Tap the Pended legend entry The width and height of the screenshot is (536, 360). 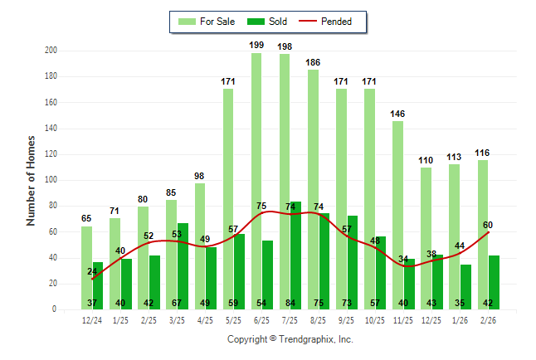(333, 22)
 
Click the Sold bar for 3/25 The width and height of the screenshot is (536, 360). (183, 265)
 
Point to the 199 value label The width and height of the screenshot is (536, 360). (256, 45)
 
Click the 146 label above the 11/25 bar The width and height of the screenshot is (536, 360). (397, 113)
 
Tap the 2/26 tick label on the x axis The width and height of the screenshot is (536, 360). (488, 319)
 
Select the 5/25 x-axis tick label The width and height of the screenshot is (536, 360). (233, 319)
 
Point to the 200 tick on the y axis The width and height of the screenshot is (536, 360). (51, 51)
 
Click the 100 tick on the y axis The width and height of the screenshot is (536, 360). (51, 180)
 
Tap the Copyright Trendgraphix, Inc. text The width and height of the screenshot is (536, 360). (290, 339)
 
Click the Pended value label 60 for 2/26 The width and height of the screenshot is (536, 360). (488, 225)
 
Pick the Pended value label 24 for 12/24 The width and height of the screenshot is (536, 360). (92, 271)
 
